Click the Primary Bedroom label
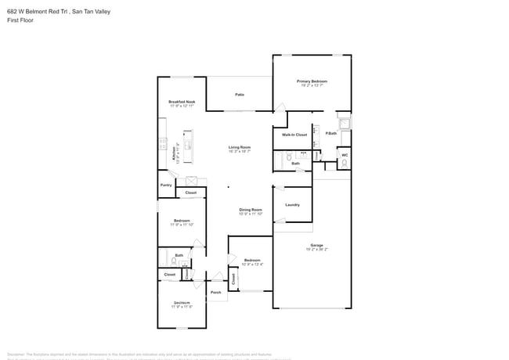(x=312, y=81)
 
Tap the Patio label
(x=240, y=95)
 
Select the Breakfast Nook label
(x=182, y=102)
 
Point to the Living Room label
(x=239, y=147)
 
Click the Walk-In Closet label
(x=294, y=135)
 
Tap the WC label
(x=344, y=155)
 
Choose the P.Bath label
(x=331, y=133)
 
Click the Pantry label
(x=166, y=185)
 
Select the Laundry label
(x=292, y=205)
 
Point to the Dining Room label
(x=250, y=210)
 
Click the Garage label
(x=316, y=245)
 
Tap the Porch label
(x=216, y=293)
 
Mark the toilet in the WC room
(x=344, y=142)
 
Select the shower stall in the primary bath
(x=345, y=122)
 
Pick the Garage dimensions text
(x=316, y=250)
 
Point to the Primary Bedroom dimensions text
(x=312, y=86)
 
